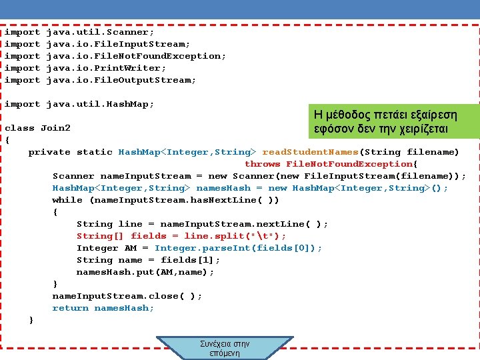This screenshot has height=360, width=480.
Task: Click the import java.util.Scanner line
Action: click(79, 32)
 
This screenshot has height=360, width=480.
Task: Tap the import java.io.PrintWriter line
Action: click(85, 68)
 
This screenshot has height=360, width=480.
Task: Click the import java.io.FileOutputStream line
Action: click(100, 80)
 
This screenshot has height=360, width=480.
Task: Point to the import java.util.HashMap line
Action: click(79, 104)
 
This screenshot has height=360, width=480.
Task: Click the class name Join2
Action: click(55, 128)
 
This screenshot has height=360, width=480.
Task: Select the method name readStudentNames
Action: click(310, 152)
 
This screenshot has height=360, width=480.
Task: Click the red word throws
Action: click(262, 164)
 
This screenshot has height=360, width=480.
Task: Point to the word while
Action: click(67, 200)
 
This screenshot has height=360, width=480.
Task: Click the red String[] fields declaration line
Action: click(181, 236)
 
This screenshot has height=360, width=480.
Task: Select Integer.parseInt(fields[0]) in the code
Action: click(238, 248)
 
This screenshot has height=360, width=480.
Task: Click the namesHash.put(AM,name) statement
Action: click(145, 272)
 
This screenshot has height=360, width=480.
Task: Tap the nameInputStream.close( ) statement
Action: click(127, 296)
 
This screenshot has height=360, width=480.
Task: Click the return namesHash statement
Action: click(103, 308)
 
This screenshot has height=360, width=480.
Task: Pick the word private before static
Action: click(49, 152)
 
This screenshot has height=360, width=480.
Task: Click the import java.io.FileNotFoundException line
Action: click(115, 56)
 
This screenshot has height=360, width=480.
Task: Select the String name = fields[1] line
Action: click(148, 260)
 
